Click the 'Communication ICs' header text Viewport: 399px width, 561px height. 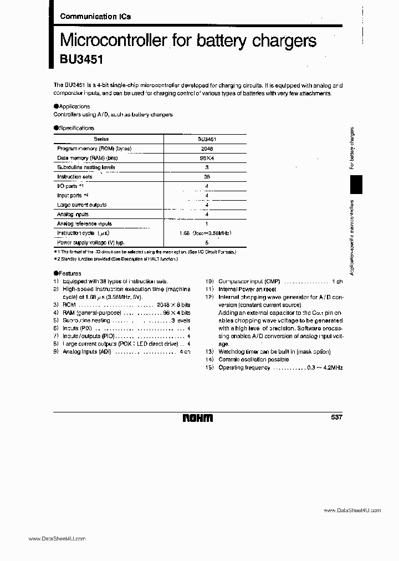(95, 17)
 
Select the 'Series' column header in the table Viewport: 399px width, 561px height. (101, 139)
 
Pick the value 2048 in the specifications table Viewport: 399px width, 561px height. (206, 149)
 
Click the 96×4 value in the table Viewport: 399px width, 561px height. (206, 158)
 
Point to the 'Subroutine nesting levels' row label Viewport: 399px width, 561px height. (86, 167)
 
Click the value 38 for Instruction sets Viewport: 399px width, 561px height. (206, 177)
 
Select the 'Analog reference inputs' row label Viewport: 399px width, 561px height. (84, 224)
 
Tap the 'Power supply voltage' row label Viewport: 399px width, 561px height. (90, 243)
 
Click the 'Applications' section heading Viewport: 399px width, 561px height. (72, 106)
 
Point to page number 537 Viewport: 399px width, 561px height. (336, 417)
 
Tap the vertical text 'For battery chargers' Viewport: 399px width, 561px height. (352, 149)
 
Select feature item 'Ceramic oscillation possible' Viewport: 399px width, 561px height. (253, 360)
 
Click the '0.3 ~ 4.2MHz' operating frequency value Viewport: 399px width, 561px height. (324, 368)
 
